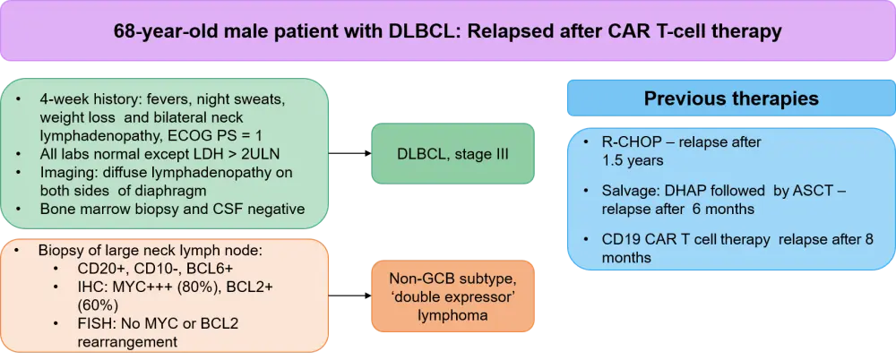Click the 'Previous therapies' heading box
tap(730, 98)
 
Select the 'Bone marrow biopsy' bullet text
tap(104, 208)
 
